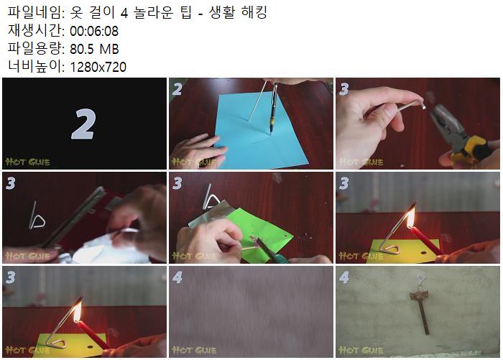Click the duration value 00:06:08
(94, 31)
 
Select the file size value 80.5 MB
(94, 49)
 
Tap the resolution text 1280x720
(98, 67)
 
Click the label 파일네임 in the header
(36, 13)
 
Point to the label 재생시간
(36, 31)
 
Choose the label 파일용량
(36, 49)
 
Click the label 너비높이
(36, 67)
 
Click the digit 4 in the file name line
(124, 13)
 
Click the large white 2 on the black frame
(83, 124)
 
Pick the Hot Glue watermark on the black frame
(27, 162)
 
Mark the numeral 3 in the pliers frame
(344, 89)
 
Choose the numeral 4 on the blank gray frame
(177, 277)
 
